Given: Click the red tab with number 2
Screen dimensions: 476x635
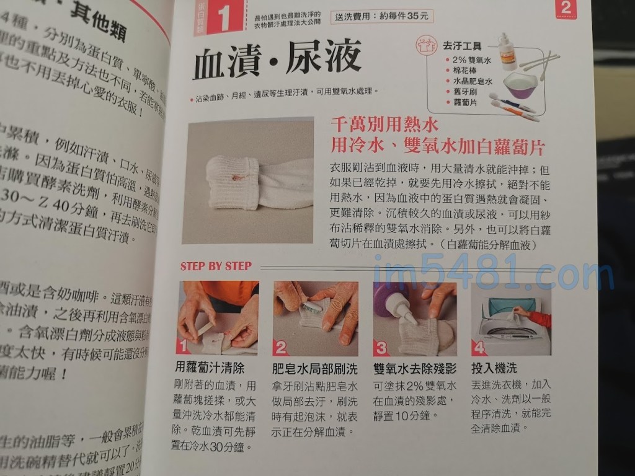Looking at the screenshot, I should [566, 9].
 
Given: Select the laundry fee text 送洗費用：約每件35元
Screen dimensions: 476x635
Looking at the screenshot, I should [382, 17].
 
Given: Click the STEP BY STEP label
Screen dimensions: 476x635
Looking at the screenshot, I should [216, 266].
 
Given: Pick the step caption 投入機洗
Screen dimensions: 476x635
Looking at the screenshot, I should [494, 368].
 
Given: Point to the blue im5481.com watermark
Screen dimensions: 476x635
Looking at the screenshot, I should [493, 273].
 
